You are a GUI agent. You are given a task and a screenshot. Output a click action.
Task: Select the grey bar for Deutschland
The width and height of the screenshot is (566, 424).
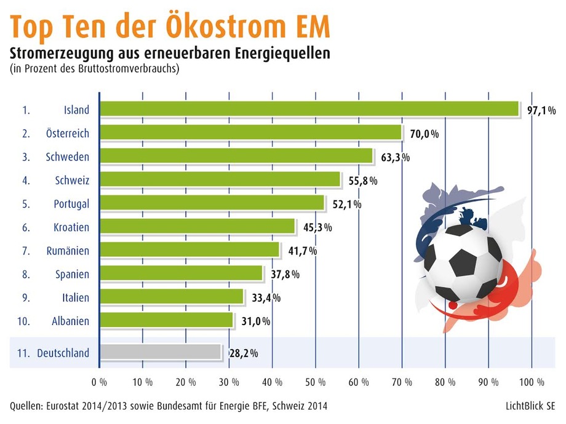tap(160, 352)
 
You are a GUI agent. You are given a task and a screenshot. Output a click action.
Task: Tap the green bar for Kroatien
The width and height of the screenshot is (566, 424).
tap(197, 227)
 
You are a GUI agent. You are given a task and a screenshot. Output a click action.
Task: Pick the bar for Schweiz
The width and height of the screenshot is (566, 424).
tap(220, 179)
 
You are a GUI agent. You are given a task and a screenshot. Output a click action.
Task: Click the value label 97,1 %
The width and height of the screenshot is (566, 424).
tap(541, 111)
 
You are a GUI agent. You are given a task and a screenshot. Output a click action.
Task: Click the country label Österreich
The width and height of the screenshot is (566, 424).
tap(67, 133)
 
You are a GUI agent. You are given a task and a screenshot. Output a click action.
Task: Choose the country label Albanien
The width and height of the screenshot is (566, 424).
tap(70, 321)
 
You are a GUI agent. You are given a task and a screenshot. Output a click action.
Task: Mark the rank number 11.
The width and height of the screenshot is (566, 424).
tap(24, 353)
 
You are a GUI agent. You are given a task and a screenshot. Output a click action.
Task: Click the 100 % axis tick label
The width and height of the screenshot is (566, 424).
tap(532, 382)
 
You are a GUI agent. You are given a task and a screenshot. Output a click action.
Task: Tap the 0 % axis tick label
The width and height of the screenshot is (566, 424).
tap(99, 382)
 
